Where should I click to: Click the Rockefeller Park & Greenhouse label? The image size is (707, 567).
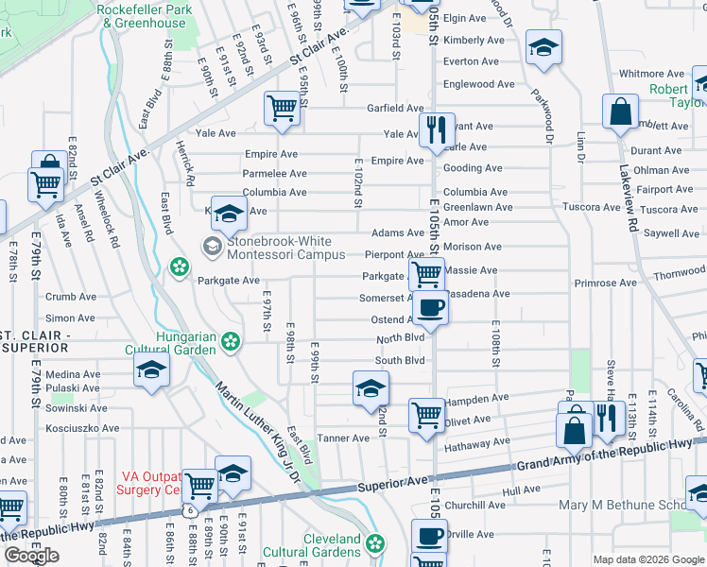tap(144, 16)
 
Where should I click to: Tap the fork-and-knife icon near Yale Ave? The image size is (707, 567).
tap(436, 129)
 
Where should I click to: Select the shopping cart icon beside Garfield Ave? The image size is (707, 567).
tap(282, 109)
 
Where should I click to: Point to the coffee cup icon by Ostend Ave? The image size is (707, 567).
tap(430, 308)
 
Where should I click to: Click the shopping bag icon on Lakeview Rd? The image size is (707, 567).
tap(621, 112)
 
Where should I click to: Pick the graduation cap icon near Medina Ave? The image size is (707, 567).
tap(151, 371)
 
